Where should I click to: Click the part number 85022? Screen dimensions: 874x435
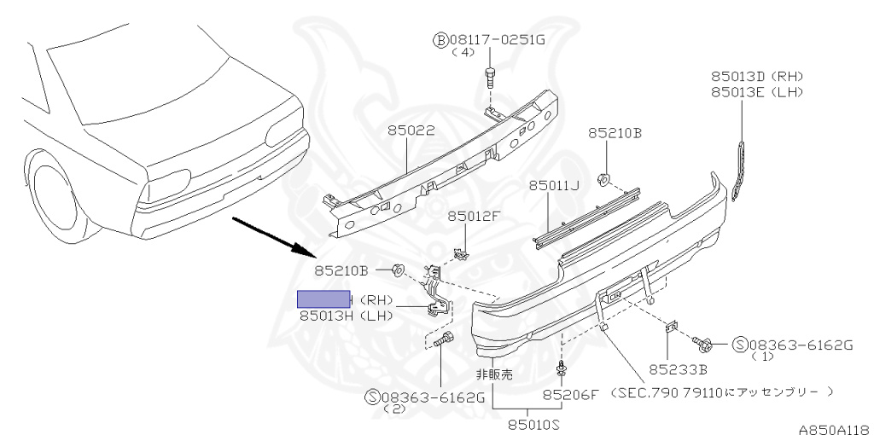click(411, 131)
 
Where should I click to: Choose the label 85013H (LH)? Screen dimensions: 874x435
click(345, 316)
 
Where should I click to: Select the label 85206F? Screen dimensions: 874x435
click(572, 395)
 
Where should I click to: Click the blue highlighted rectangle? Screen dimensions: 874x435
click(323, 299)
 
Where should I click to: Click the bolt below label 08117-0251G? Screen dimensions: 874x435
click(490, 78)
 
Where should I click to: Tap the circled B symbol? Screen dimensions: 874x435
click(440, 38)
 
